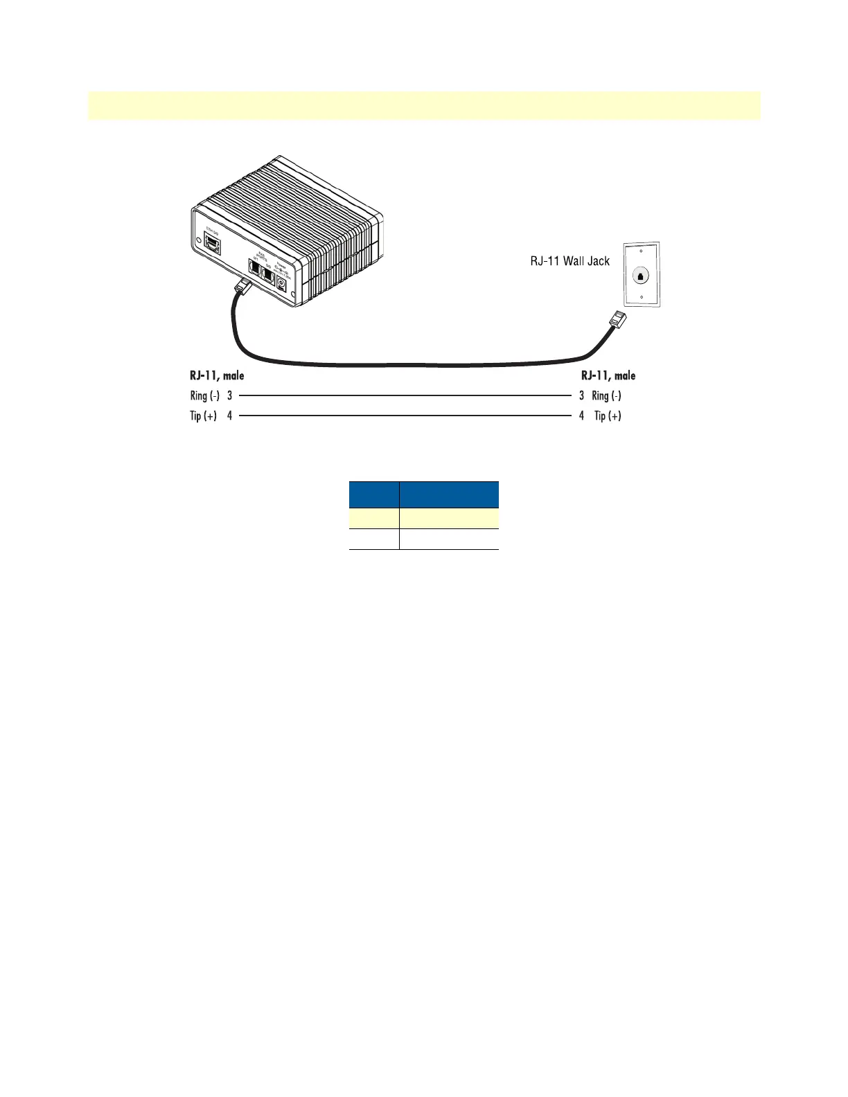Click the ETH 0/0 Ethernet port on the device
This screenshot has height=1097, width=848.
click(212, 244)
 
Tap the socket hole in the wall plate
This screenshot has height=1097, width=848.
click(641, 275)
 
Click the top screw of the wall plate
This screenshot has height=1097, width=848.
click(641, 251)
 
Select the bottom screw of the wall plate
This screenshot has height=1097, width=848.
click(641, 298)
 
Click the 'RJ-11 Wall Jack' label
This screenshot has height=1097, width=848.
click(569, 261)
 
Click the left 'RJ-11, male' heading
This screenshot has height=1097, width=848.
click(217, 375)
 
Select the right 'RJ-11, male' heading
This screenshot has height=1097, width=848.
click(608, 375)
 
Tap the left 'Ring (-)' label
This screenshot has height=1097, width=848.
click(204, 395)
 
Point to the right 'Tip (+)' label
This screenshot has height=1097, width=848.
click(608, 416)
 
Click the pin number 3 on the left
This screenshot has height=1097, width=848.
click(230, 395)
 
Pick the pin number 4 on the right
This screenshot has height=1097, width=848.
click(582, 416)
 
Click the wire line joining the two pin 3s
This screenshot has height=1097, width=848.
click(405, 395)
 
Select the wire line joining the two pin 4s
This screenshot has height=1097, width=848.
click(405, 416)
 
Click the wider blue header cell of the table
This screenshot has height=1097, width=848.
click(449, 494)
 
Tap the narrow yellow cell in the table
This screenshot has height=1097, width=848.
click(374, 519)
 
